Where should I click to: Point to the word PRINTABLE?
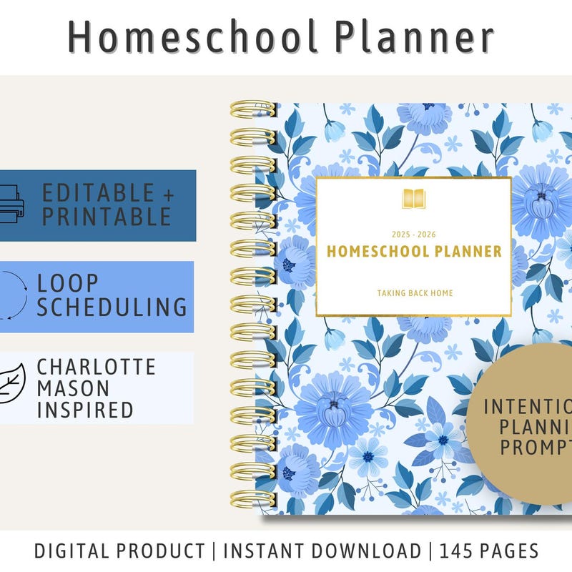(106, 217)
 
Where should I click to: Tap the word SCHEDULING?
(112, 307)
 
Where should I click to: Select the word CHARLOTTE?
(97, 368)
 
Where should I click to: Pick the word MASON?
(74, 388)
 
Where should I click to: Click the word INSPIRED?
(85, 410)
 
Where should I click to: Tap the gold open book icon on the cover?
(413, 199)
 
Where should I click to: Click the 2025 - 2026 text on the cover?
(413, 235)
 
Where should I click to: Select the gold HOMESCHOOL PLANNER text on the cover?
(414, 252)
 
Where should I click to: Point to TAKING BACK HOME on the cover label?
(414, 292)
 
